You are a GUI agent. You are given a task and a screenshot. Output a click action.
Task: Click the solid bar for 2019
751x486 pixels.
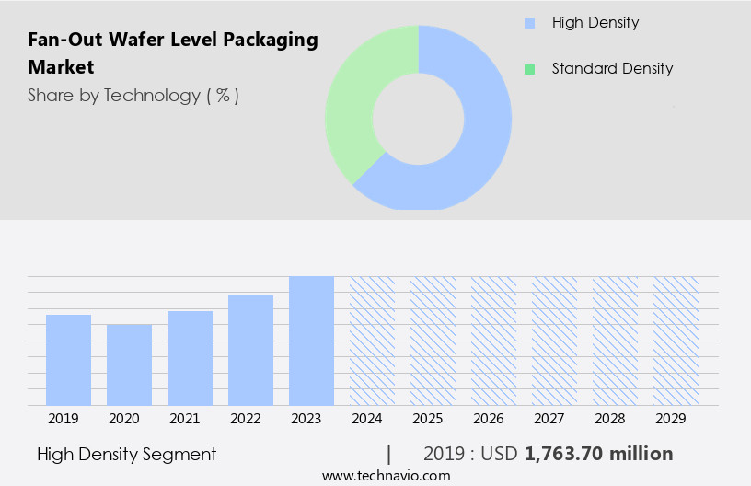click(x=68, y=360)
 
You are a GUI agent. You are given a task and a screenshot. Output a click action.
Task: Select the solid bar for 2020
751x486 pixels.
click(x=129, y=364)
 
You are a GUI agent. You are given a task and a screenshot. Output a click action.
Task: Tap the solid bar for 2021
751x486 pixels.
click(x=190, y=358)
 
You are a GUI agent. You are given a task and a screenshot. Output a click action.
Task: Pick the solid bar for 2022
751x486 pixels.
click(x=250, y=350)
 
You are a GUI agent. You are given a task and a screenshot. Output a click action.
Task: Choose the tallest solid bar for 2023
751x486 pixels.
click(x=311, y=341)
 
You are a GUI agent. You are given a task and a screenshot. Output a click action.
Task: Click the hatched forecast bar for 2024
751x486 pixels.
click(x=372, y=341)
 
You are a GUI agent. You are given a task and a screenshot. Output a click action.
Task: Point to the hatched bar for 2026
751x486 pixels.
click(x=493, y=341)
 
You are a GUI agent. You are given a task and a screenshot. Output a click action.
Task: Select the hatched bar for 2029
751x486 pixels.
click(x=676, y=341)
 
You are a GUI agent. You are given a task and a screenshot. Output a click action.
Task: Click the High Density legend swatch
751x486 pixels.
click(x=529, y=23)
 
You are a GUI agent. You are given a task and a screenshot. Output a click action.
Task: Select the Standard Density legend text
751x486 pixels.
click(x=612, y=68)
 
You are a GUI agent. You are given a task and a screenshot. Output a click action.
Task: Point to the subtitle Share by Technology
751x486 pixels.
click(x=133, y=95)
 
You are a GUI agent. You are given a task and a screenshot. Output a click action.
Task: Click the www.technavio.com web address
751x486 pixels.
click(x=386, y=476)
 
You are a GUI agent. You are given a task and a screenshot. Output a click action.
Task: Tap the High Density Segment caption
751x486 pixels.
click(x=127, y=454)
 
